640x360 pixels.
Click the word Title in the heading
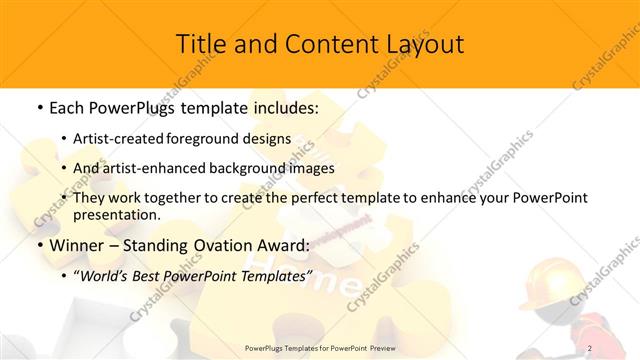pyautogui.click(x=200, y=44)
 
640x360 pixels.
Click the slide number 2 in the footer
pyautogui.click(x=590, y=347)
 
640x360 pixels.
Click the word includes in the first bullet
pyautogui.click(x=283, y=107)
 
